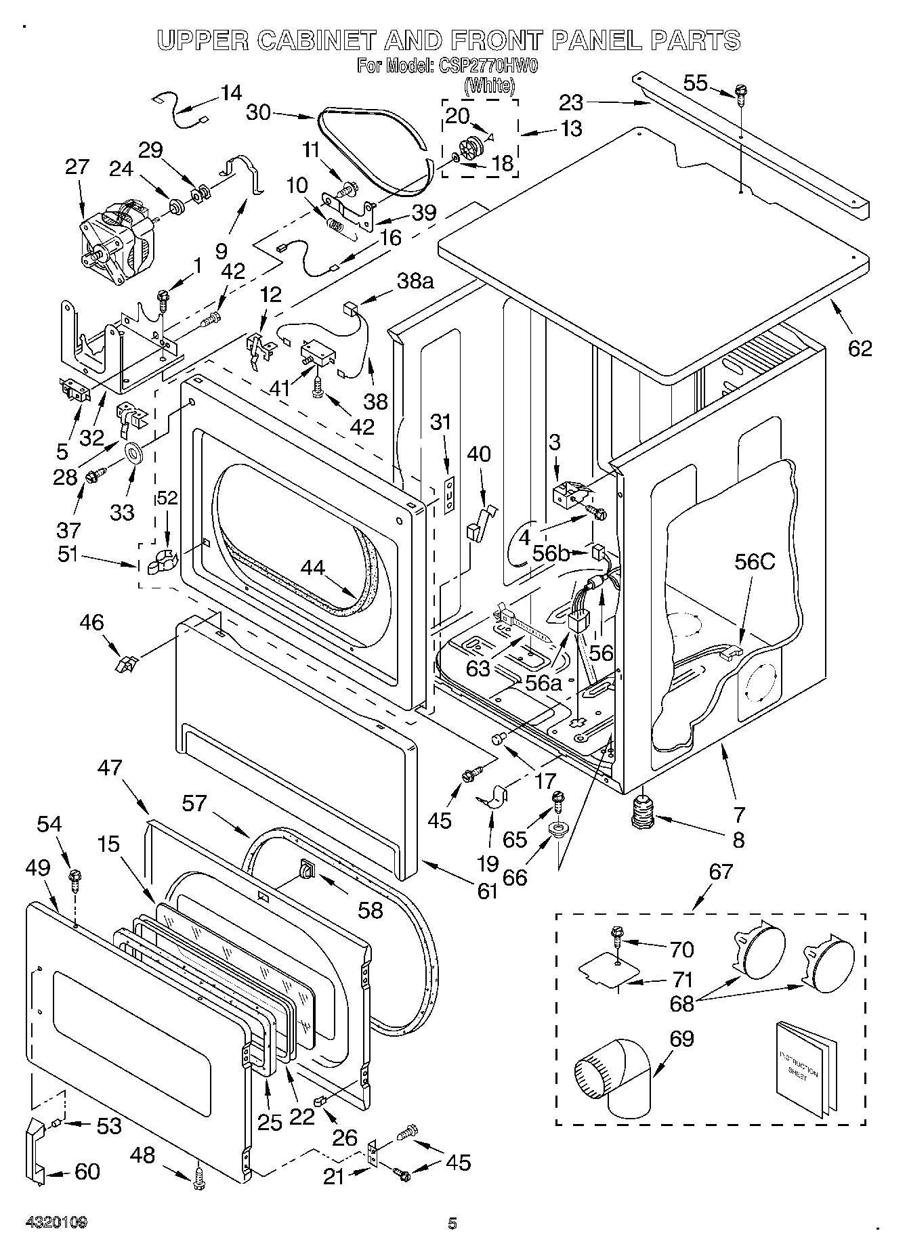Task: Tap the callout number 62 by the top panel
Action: (860, 348)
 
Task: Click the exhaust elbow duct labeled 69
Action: (613, 1075)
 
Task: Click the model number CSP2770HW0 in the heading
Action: (475, 66)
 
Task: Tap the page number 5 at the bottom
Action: (452, 1223)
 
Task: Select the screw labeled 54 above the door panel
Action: (75, 882)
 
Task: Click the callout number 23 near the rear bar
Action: (571, 102)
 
